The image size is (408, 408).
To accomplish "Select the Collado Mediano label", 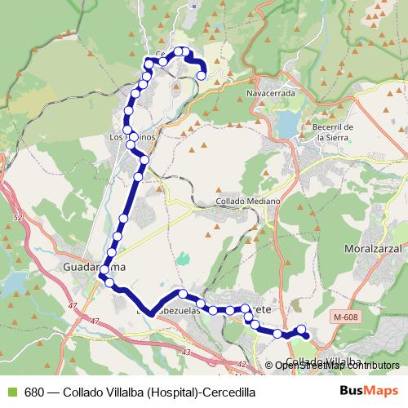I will click(x=248, y=201).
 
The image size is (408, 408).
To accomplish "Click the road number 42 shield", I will click(x=241, y=365).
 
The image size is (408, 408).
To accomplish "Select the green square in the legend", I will click(x=11, y=392).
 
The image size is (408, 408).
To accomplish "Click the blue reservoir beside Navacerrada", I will click(x=287, y=123).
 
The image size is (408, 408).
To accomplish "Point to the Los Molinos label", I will click(x=131, y=137).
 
